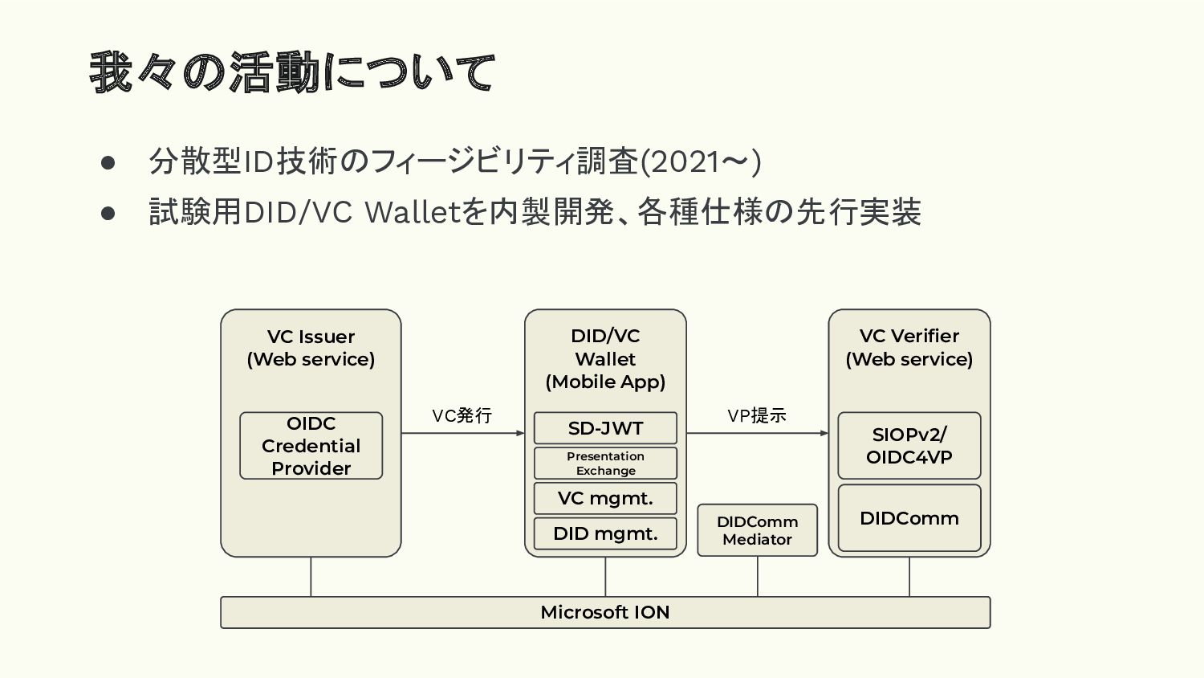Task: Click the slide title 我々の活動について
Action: click(x=292, y=72)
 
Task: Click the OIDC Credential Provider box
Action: click(x=311, y=446)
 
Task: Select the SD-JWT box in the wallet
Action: click(x=605, y=428)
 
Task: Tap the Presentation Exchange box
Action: click(x=605, y=464)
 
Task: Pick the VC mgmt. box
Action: click(x=605, y=498)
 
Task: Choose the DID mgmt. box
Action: click(x=605, y=533)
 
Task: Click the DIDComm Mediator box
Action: click(x=758, y=530)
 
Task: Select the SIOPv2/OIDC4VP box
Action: click(x=909, y=446)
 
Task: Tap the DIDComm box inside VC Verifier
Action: click(x=909, y=517)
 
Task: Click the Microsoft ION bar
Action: click(x=605, y=612)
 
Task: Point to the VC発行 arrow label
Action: click(x=462, y=415)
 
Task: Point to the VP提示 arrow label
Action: click(x=757, y=415)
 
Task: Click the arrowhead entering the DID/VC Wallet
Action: click(x=520, y=433)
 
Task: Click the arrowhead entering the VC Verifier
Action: click(x=824, y=433)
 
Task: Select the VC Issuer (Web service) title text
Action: click(x=311, y=348)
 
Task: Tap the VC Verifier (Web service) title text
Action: click(x=909, y=348)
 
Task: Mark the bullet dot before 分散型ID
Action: click(x=108, y=163)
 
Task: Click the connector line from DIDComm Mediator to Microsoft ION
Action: click(x=758, y=576)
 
